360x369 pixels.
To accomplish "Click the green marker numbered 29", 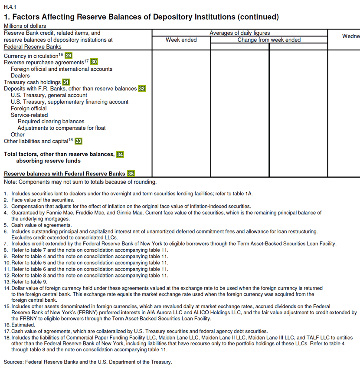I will tap(69, 56).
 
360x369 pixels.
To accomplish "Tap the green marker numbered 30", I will tap(94, 62).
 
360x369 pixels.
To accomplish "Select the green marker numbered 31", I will tap(66, 82).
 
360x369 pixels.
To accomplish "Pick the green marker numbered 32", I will tap(142, 89).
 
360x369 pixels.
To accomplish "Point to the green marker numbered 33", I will tap(79, 141).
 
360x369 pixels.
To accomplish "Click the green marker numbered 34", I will tap(120, 154).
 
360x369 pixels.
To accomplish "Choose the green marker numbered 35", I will tap(131, 174).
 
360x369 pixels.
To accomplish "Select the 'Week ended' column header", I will tap(181, 40).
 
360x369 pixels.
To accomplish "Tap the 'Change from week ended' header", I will tap(269, 40).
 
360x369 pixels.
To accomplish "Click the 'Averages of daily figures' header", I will tap(239, 33).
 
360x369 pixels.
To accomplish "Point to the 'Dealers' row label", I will tap(20, 76).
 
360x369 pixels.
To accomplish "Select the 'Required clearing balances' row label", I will tap(51, 122).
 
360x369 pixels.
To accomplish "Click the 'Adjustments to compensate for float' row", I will tap(61, 128).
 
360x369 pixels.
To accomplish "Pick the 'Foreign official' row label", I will tap(29, 109).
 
